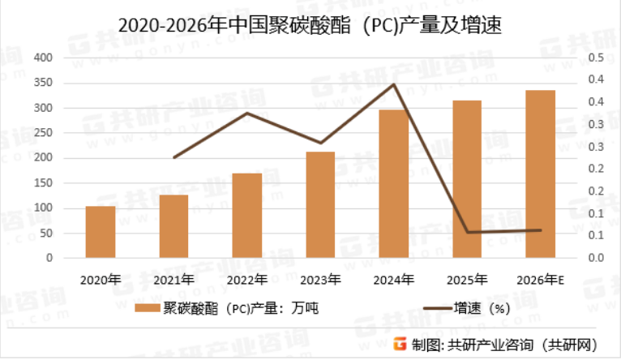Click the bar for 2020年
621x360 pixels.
[x=101, y=232]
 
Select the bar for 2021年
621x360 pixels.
[x=173, y=226]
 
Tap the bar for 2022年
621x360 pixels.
[x=247, y=216]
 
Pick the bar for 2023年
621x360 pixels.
[x=320, y=205]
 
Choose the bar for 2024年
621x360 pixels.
[x=394, y=184]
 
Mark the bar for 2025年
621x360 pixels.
[x=467, y=179]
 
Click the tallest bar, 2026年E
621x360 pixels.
[x=541, y=174]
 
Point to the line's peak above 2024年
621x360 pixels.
[x=394, y=84]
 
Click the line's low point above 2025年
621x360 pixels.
[x=467, y=232]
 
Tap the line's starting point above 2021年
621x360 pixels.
[x=173, y=157]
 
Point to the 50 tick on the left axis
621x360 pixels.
[x=45, y=233]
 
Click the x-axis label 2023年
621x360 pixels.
[x=320, y=280]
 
